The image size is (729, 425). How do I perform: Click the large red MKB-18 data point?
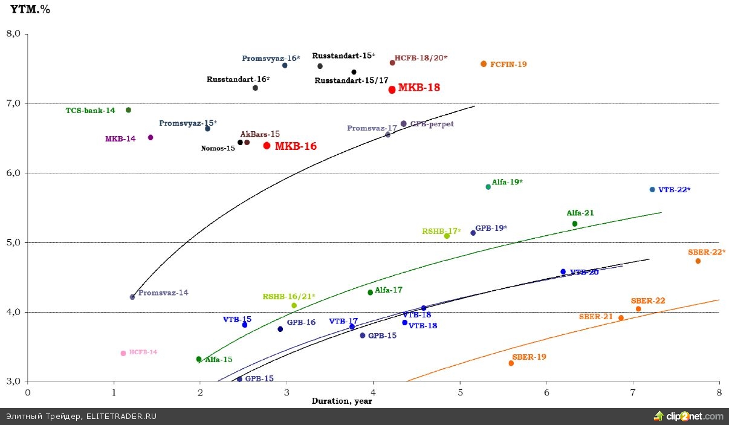coord(392,89)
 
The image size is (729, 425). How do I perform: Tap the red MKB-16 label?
coord(296,146)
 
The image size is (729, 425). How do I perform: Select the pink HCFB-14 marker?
coord(123,353)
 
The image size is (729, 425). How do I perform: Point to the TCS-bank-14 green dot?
coord(128,110)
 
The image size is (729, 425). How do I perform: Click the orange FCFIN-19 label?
coord(508,64)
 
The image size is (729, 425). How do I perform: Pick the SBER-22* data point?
coord(698,261)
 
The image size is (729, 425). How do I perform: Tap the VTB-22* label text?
coord(674,190)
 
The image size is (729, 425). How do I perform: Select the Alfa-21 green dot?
coord(575,224)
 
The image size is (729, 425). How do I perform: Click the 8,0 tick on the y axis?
coord(13,34)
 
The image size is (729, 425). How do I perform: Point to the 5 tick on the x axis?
coord(460,392)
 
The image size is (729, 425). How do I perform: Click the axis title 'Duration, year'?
coord(342,401)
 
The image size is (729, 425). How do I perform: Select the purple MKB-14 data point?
coord(151,137)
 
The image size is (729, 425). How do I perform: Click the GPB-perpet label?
coord(432,124)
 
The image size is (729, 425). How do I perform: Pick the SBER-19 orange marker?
coord(511,363)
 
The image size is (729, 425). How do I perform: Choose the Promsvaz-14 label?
coord(163,293)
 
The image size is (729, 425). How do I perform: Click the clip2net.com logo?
coord(688,416)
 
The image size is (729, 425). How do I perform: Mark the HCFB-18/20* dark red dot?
coord(392,63)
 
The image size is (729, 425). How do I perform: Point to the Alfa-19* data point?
coord(488,187)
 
